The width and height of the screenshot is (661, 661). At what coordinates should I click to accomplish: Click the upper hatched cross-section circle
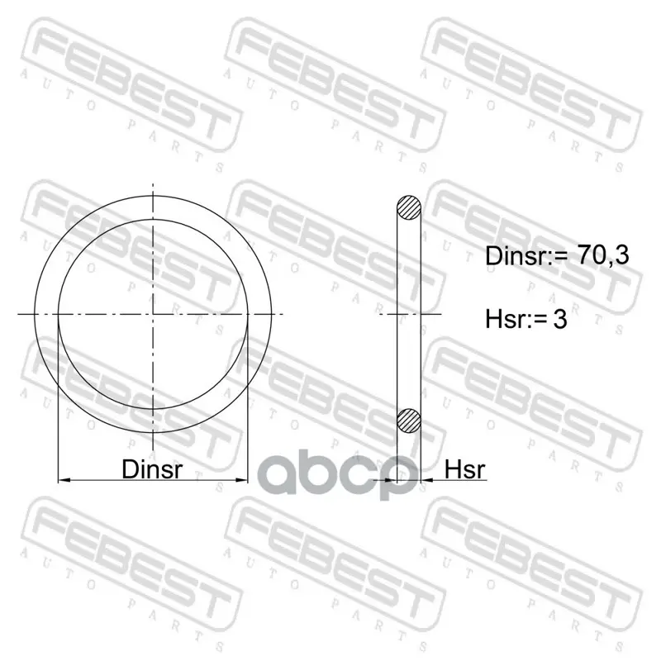[409, 207]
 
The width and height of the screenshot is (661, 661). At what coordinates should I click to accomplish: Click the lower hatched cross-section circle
[409, 421]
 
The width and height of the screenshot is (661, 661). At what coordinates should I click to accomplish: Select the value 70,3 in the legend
[602, 255]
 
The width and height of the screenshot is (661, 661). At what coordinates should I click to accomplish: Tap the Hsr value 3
[560, 319]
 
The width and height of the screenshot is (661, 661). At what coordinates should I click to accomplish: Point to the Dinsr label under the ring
[152, 468]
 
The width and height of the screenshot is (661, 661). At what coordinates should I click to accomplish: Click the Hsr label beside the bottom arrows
[465, 468]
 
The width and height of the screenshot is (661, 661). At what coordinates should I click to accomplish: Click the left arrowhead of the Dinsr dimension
[64, 480]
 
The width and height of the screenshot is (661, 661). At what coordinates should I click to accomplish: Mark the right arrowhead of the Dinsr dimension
[241, 480]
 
